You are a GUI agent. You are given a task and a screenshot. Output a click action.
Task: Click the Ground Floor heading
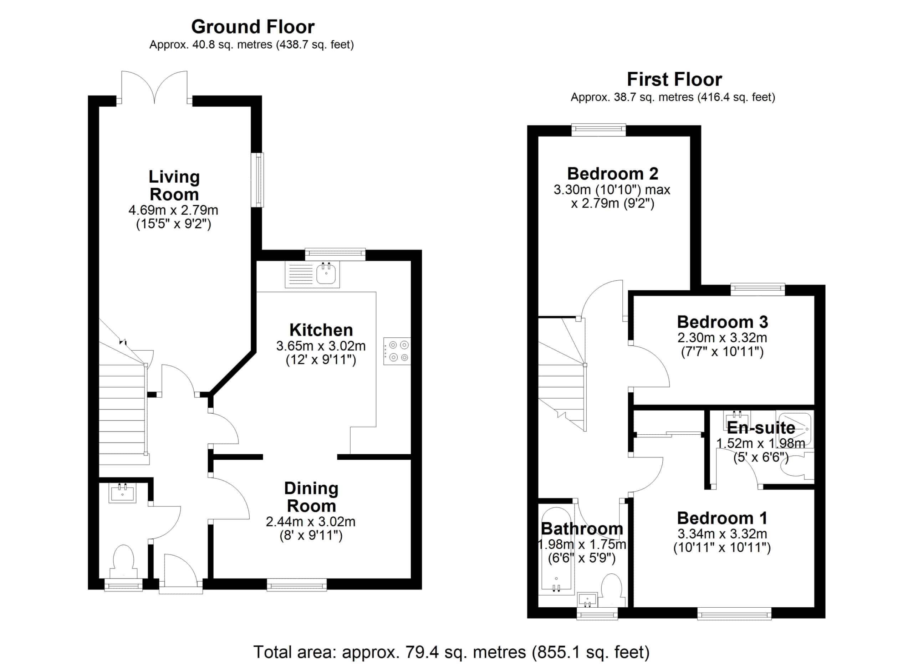tap(253, 27)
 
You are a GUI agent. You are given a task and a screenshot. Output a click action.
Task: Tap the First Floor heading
tap(674, 79)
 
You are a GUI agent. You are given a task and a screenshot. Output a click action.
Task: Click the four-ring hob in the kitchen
tap(397, 351)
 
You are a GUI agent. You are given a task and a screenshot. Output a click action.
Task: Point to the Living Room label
tap(174, 185)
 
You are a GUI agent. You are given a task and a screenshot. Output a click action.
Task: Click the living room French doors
tap(154, 88)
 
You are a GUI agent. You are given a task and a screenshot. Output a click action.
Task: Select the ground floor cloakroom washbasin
tap(123, 493)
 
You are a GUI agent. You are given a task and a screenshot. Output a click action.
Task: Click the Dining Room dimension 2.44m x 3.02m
tap(310, 522)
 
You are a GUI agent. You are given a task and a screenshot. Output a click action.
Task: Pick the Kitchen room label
tap(321, 330)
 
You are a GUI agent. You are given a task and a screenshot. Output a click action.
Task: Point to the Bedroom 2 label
tap(612, 174)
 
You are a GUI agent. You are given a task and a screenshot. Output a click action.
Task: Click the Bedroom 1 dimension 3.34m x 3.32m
tap(722, 534)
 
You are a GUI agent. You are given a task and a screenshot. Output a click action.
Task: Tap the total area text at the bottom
tap(451, 652)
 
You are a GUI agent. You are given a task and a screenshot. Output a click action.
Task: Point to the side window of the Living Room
tap(257, 180)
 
